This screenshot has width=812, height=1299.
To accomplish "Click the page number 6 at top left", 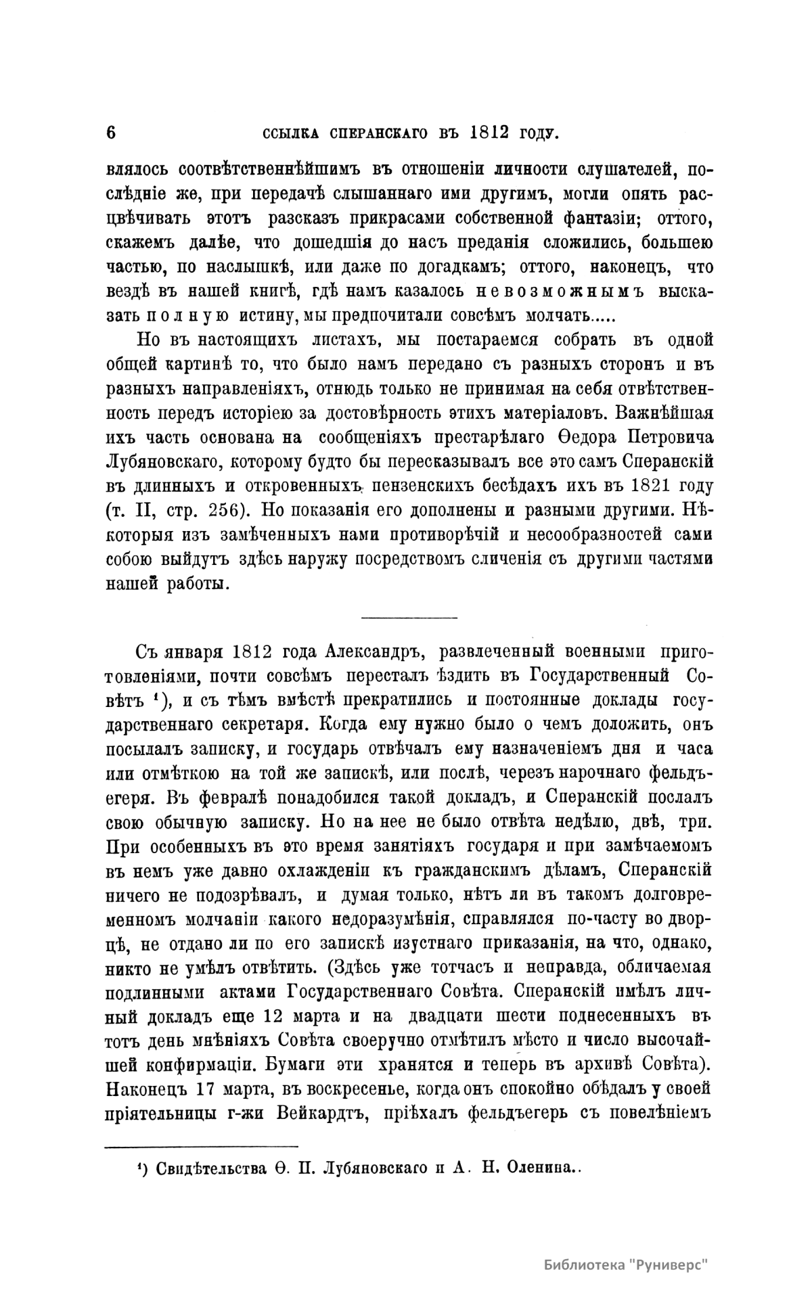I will point(112,132).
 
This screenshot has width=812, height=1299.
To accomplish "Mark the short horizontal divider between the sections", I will point(409,616).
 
